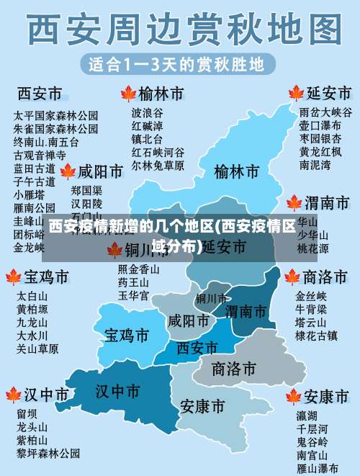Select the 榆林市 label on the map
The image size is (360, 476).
pos(236,172)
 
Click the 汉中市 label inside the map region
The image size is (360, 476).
pos(117,391)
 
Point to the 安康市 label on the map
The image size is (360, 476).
pos(202,406)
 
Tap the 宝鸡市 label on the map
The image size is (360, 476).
pos(127,335)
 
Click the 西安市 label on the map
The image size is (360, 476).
pos(197,348)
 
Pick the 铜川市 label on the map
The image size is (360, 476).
pos(211,298)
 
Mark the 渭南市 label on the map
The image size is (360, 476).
pos(246,311)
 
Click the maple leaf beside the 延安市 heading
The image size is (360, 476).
pos(294,94)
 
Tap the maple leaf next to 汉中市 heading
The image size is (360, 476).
pos(13,395)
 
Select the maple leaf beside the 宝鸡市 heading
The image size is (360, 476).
pos(13,277)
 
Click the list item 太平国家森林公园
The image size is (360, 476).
pos(55,115)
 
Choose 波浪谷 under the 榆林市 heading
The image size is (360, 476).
pos(147,113)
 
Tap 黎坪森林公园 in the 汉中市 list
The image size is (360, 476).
pos(49,453)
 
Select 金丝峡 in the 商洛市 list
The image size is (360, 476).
pos(311,296)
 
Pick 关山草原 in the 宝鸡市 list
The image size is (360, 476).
pos(37,349)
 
